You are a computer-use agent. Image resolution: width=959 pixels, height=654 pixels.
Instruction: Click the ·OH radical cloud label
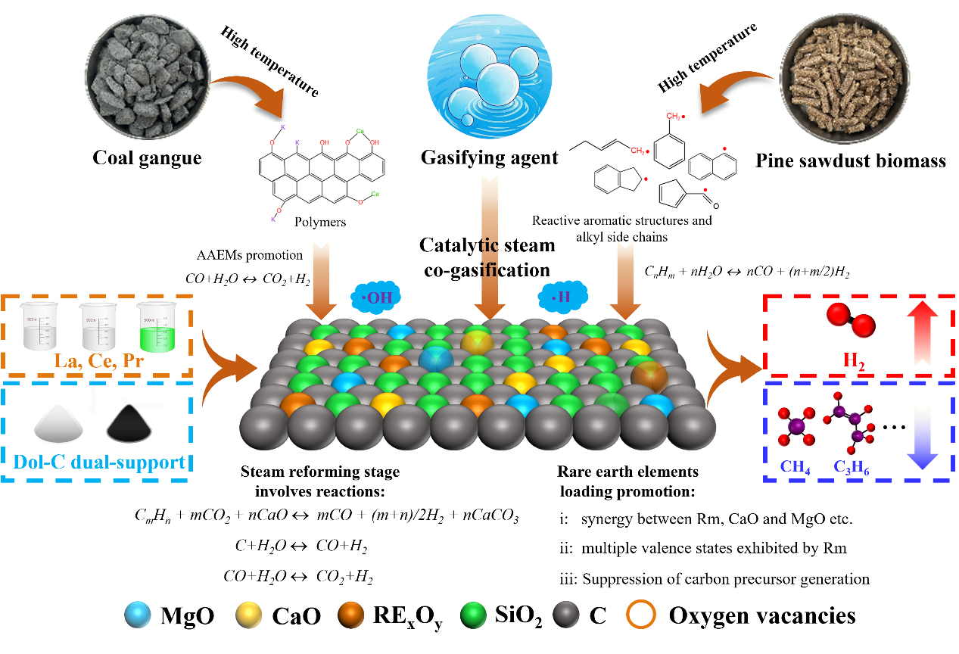[376, 297]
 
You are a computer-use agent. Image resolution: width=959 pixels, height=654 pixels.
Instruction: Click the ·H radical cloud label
[561, 297]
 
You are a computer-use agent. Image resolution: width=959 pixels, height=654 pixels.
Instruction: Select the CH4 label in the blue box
[796, 467]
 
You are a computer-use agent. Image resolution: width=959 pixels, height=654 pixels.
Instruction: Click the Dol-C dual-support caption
[99, 461]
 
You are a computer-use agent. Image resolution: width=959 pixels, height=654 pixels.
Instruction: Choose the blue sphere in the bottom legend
[138, 615]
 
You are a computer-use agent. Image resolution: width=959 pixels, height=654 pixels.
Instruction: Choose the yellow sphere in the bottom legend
[249, 615]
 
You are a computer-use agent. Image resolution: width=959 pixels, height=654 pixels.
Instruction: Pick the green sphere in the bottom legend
[474, 615]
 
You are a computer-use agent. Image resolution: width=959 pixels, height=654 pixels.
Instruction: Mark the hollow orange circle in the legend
[640, 615]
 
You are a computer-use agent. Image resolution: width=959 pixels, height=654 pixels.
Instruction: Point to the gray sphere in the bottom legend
[566, 615]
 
